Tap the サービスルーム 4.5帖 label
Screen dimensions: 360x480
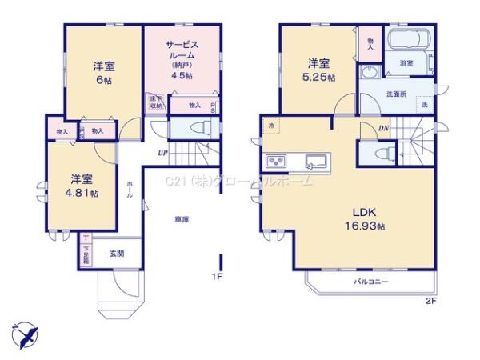point(181,59)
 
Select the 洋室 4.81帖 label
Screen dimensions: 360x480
point(82,186)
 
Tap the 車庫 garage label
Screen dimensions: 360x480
point(182,218)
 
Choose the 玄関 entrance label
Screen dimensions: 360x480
point(117,254)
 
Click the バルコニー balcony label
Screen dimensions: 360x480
point(371,283)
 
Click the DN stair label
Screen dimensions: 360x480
point(384,127)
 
